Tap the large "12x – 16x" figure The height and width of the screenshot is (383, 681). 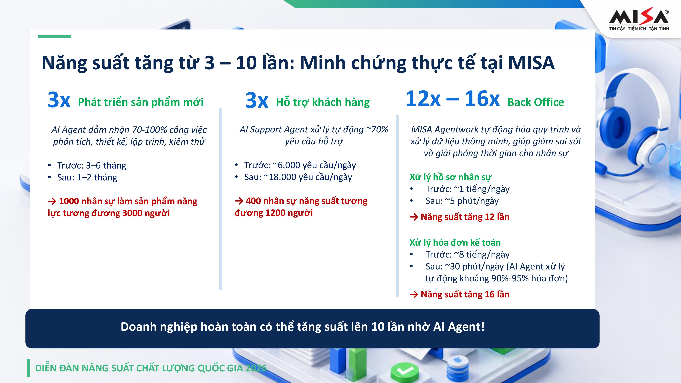click(452, 99)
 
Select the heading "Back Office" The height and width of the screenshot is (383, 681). click(536, 102)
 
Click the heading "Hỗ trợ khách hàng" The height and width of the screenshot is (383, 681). click(323, 102)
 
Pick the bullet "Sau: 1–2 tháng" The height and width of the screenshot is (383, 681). click(87, 177)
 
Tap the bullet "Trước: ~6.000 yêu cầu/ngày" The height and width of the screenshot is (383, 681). click(300, 165)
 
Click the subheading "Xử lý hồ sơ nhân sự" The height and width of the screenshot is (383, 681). click(450, 177)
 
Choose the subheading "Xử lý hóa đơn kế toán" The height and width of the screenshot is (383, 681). click(455, 242)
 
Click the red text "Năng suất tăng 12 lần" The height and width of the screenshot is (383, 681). click(465, 217)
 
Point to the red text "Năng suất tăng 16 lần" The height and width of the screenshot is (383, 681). click(465, 294)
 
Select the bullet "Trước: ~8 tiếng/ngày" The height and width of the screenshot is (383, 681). click(467, 254)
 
